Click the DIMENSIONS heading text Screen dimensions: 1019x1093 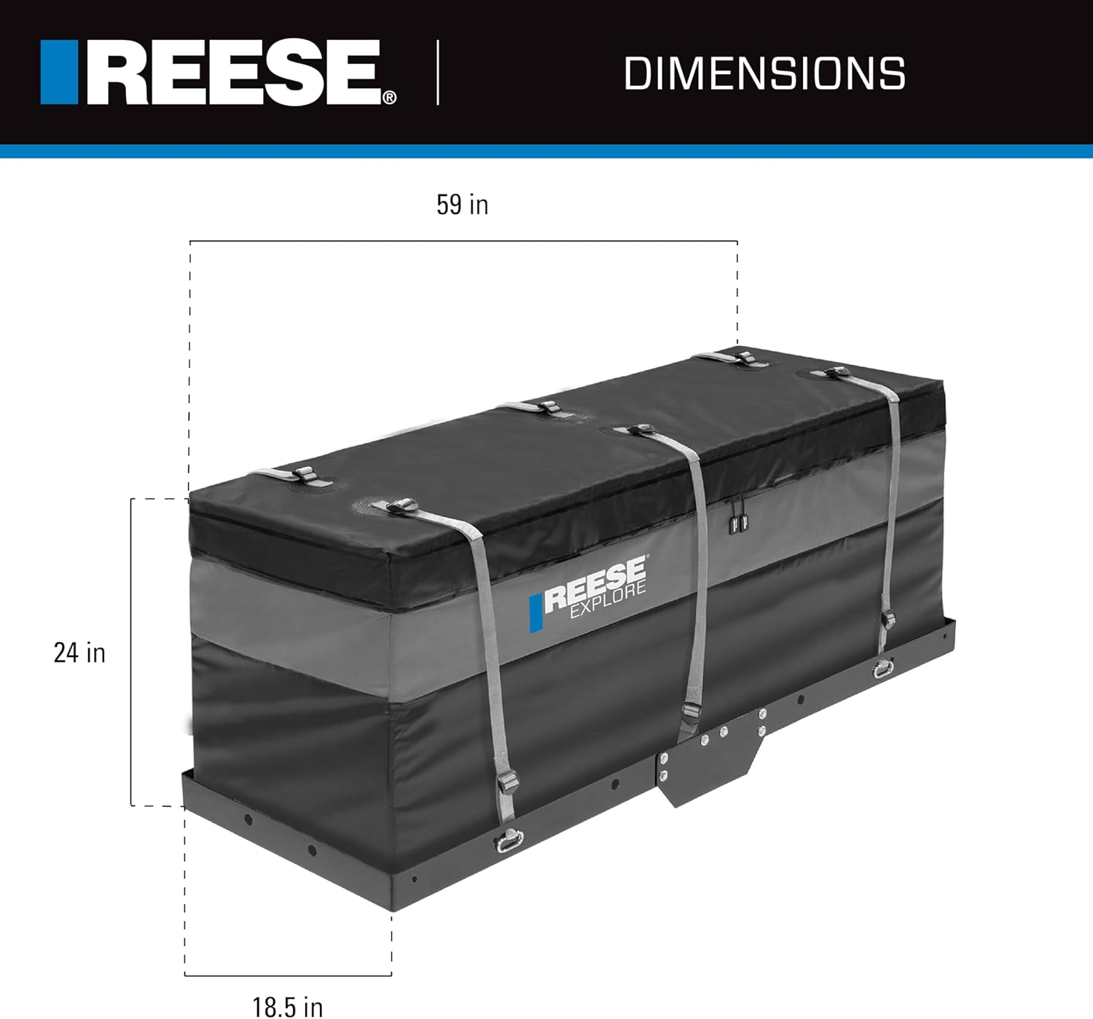(764, 74)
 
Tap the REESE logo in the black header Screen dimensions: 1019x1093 (219, 73)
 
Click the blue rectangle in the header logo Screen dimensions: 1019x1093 (59, 73)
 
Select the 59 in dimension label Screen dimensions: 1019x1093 (462, 205)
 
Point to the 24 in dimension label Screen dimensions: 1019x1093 (79, 653)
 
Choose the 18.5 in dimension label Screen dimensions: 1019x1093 (288, 1007)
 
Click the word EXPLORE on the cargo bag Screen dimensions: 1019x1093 (608, 601)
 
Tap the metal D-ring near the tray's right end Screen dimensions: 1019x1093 (884, 668)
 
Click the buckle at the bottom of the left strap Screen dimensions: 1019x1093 (506, 785)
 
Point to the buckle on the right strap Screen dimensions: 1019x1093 (888, 621)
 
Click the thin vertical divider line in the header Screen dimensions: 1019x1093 (438, 73)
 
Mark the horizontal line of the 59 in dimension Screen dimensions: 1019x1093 (463, 241)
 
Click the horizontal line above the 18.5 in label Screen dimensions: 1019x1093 (288, 975)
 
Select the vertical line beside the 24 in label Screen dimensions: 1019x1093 (131, 652)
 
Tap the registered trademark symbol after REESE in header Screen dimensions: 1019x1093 (390, 98)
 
